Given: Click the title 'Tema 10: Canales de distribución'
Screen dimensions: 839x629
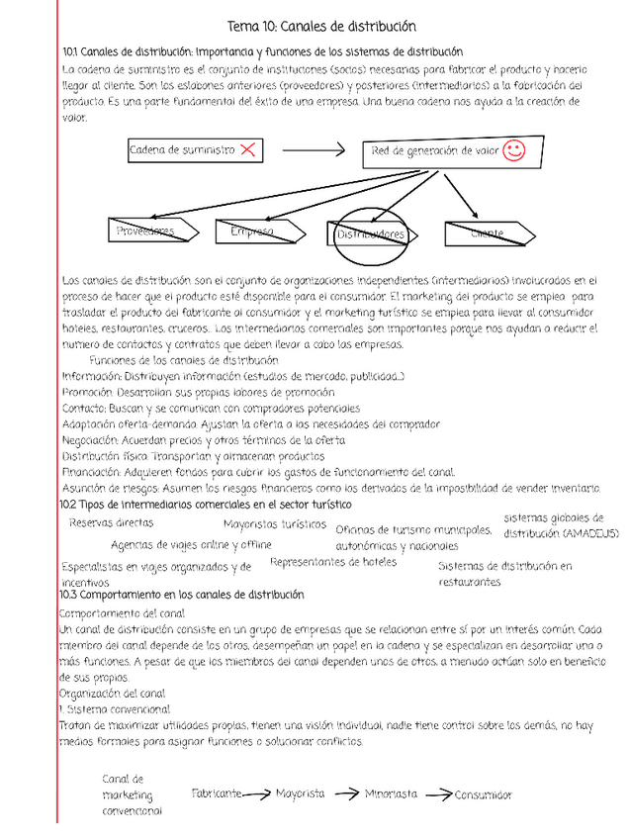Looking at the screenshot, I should click(321, 27).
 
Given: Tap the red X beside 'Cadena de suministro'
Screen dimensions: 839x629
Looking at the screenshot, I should click(248, 149).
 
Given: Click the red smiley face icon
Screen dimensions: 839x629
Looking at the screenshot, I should click(513, 149).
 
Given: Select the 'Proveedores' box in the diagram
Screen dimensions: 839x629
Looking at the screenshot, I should click(145, 231).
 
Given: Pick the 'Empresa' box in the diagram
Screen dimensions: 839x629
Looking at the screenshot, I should click(252, 231).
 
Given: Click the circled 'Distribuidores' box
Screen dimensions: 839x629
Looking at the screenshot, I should click(370, 234).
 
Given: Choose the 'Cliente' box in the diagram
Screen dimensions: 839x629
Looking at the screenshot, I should click(487, 233).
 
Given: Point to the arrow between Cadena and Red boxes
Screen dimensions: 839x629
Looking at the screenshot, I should click(314, 150).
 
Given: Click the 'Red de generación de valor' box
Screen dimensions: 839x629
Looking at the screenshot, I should click(436, 150).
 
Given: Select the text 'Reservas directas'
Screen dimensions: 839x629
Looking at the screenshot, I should click(111, 521).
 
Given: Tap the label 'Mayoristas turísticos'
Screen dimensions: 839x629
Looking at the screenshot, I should click(274, 523).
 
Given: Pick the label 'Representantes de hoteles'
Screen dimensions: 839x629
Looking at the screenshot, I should click(332, 561).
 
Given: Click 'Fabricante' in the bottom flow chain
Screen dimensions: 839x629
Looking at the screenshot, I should click(217, 792).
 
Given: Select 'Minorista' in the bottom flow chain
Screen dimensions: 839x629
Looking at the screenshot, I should click(390, 792).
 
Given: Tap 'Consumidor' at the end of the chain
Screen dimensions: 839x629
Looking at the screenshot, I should click(484, 793).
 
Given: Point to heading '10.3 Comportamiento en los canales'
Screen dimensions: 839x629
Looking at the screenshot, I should click(182, 595).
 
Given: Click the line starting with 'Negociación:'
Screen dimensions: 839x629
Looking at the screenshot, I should click(203, 439).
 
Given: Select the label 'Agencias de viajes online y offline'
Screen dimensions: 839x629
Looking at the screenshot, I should click(191, 544).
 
